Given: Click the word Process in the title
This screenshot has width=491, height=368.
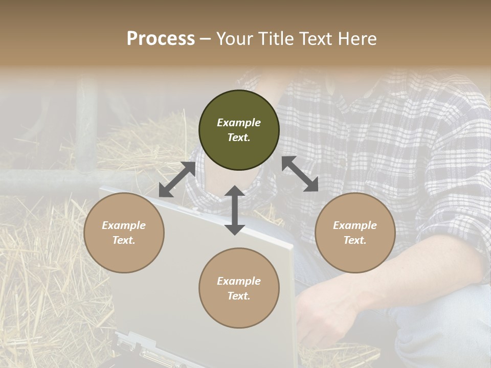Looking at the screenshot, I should [x=161, y=39].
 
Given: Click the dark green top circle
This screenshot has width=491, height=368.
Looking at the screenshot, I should [x=239, y=130].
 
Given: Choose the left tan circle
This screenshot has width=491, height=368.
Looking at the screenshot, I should [x=124, y=233].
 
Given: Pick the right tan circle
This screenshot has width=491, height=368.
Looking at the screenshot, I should [x=355, y=233].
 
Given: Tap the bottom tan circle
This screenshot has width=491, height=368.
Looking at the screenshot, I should [x=239, y=288].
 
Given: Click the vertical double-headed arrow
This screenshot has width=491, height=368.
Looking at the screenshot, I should [x=235, y=210].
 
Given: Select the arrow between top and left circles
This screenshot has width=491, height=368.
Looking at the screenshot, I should [x=177, y=179].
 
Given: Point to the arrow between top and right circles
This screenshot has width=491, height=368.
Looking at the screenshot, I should [x=300, y=174].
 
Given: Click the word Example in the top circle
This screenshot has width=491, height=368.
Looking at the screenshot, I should [x=239, y=123].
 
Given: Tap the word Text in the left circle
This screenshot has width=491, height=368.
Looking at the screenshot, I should [x=124, y=240].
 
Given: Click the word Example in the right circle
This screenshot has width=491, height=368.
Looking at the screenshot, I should [x=355, y=225].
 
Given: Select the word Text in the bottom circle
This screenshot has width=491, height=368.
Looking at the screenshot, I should [x=239, y=296].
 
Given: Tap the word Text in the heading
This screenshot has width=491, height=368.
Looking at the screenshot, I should [x=314, y=39].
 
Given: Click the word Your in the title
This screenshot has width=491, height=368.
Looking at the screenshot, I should [x=233, y=39].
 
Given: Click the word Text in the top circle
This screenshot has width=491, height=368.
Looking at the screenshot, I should [x=239, y=137].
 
